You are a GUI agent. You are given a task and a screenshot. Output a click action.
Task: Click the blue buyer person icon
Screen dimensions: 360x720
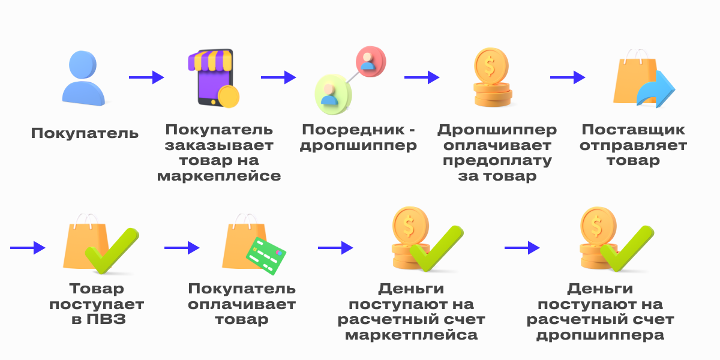[83, 78]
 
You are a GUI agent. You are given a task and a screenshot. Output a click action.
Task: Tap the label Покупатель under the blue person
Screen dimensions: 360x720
[85, 133]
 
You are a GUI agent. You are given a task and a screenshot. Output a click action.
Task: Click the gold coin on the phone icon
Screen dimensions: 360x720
[228, 96]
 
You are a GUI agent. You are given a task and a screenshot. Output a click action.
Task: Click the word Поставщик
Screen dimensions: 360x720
[633, 130]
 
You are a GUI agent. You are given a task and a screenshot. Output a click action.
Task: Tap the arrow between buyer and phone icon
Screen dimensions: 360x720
[146, 77]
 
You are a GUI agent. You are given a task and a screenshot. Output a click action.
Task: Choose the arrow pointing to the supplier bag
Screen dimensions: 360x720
[568, 77]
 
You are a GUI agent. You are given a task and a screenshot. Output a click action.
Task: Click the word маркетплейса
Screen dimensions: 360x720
[411, 335]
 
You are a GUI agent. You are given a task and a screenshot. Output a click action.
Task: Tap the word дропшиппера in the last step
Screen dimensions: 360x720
[600, 335]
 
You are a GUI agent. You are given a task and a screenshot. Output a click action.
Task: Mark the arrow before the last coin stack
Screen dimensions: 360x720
[522, 247]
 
